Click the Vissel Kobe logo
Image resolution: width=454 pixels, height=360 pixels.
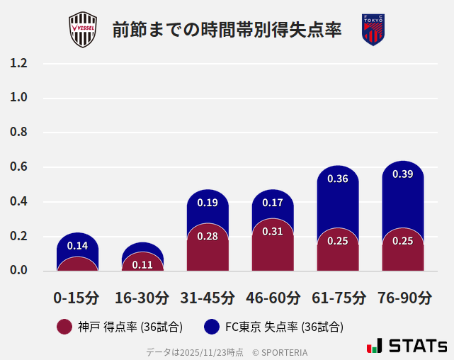[x=84, y=30]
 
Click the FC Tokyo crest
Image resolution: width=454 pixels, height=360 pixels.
[x=373, y=30]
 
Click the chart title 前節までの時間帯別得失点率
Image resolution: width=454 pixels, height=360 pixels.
[x=227, y=30]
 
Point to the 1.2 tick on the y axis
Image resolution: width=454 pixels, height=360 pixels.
[x=18, y=63]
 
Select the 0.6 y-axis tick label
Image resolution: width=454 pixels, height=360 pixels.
[x=18, y=167]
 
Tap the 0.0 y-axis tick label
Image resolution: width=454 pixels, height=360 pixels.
[x=18, y=271]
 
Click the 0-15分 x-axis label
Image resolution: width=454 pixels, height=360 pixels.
[x=77, y=298]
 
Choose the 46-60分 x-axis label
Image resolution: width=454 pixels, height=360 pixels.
[x=273, y=298]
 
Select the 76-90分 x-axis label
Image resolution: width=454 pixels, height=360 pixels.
[x=404, y=298]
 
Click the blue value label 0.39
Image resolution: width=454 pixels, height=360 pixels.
[x=403, y=174]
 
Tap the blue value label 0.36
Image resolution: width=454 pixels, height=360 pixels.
[x=338, y=179]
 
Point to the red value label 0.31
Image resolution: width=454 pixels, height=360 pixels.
[x=273, y=231]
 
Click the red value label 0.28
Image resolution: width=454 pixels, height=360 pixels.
[x=208, y=236]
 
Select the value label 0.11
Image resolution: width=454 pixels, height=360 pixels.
[x=142, y=265]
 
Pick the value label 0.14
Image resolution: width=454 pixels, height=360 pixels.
[x=77, y=246]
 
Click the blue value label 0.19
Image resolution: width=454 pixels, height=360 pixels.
[x=208, y=203]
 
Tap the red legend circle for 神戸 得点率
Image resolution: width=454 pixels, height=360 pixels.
[x=64, y=327]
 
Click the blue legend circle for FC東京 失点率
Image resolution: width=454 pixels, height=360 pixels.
[x=211, y=327]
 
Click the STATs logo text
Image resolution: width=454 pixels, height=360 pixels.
[x=418, y=346]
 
